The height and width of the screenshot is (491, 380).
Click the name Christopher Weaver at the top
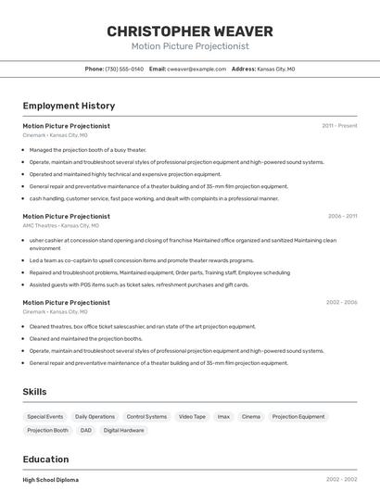point(190,31)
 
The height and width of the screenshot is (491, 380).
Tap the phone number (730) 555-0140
point(124,69)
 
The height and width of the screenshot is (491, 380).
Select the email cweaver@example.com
point(196,69)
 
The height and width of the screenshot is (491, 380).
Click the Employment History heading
point(69,106)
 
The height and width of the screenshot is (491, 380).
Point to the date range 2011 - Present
point(339,126)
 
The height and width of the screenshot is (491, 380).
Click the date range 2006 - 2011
point(342,217)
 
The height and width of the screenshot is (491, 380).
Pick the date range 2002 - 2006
point(341,303)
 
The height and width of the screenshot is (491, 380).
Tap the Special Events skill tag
point(45,417)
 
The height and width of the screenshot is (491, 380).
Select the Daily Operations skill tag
point(95,417)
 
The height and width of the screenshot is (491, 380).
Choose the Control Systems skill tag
point(147,417)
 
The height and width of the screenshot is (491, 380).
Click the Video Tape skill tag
point(193,417)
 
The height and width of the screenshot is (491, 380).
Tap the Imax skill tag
point(223,417)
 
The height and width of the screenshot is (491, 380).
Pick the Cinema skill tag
point(251,417)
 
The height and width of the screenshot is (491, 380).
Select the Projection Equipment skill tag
point(298,417)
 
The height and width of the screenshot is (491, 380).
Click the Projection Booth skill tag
point(48,430)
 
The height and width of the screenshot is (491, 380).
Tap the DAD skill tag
point(86,430)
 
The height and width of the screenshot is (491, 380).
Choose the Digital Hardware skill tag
point(124,430)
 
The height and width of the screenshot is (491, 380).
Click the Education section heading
point(45,460)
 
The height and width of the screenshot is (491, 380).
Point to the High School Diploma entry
point(51,480)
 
